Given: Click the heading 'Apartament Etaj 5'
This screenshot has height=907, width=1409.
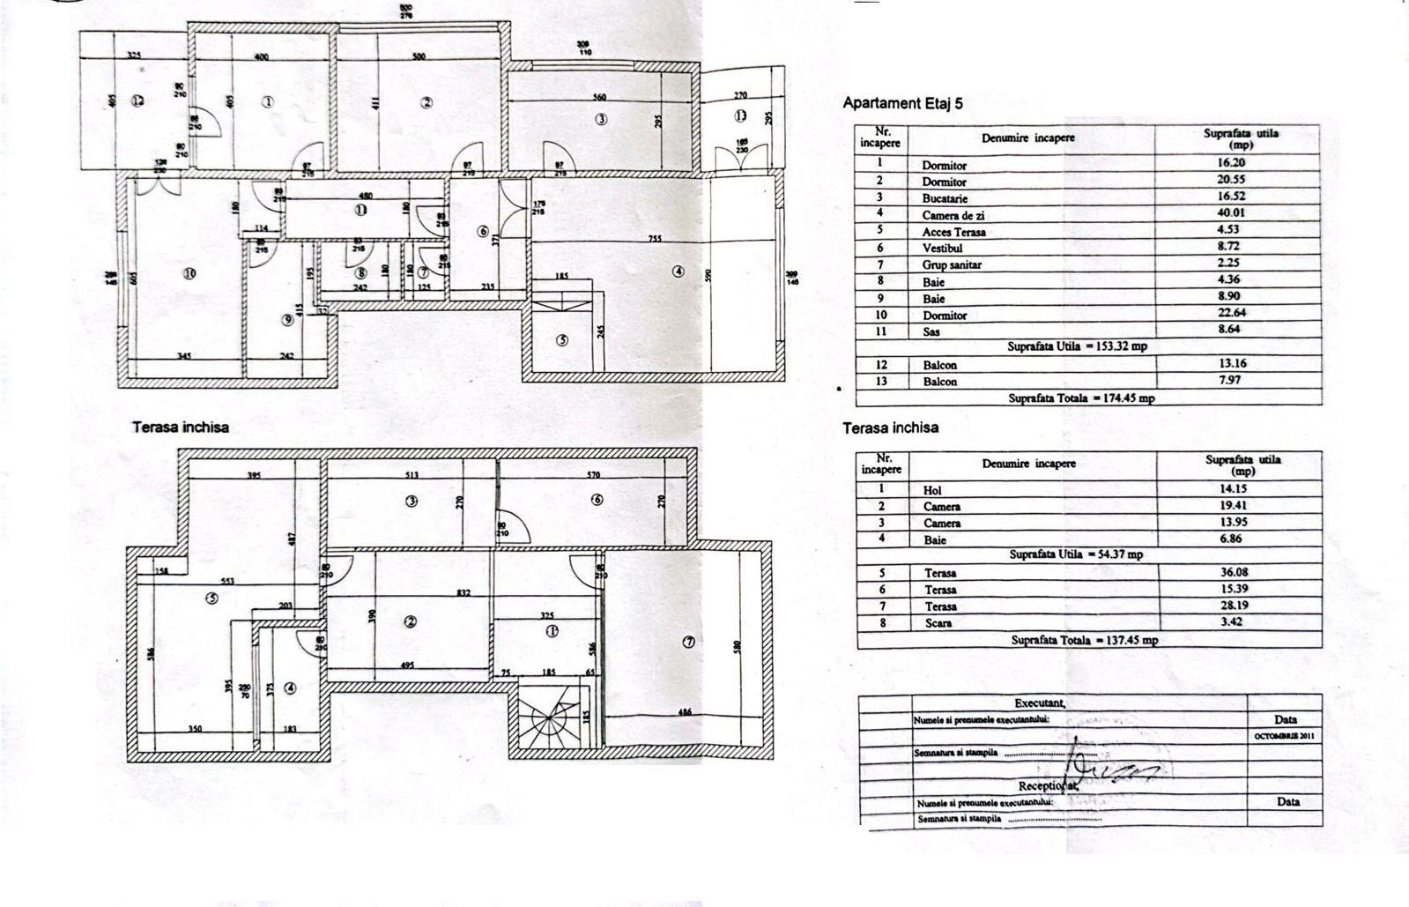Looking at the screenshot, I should [903, 103].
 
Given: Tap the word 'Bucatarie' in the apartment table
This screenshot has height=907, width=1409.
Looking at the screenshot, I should [945, 198].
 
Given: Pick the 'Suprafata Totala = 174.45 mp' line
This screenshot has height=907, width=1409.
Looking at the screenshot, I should [1081, 398].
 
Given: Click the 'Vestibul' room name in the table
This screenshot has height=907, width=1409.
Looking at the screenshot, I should [942, 249].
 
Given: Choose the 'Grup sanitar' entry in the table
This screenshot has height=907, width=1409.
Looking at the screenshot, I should [952, 265].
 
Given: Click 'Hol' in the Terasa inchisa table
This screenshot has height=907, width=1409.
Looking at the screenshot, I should [932, 490].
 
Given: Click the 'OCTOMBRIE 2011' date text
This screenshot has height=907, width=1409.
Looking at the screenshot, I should [1284, 734].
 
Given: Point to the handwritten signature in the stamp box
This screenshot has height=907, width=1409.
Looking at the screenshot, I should [1110, 767].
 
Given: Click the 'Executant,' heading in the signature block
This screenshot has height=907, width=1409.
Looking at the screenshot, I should [1040, 703].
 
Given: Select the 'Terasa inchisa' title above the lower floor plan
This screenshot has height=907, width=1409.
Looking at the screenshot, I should [181, 427].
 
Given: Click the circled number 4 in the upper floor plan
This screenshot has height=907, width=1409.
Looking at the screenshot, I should [678, 271].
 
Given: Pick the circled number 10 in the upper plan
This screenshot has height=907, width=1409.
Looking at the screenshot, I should [189, 274].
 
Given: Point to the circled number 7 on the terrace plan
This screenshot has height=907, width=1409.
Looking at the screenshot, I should [688, 642].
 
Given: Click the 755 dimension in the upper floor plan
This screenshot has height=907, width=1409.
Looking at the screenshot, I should [655, 238].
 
